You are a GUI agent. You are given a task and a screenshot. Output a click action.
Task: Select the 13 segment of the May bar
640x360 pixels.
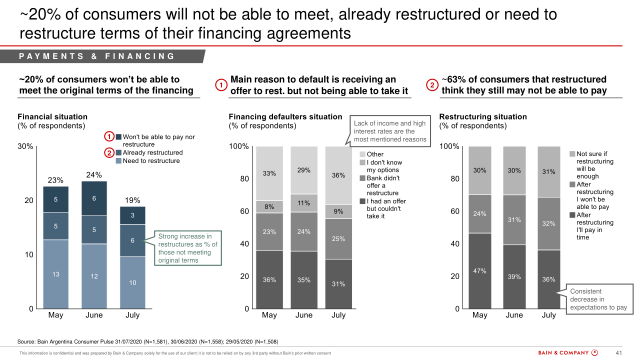(55, 274)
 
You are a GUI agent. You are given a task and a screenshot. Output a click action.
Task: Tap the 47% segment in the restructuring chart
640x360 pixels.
(480, 270)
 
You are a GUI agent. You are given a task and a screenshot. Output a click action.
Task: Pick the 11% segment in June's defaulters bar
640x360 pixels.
(304, 203)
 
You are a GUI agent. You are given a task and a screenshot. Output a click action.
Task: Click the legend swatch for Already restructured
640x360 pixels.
(118, 152)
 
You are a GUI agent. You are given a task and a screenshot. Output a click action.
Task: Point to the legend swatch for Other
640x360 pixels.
(362, 154)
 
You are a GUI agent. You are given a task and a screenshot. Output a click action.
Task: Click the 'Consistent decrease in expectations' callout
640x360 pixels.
(598, 299)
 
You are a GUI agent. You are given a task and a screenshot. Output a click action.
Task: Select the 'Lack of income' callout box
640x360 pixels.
(390, 131)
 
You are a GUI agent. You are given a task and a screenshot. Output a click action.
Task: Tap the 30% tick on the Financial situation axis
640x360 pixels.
(25, 146)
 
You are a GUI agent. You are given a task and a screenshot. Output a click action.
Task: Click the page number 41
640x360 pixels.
(618, 353)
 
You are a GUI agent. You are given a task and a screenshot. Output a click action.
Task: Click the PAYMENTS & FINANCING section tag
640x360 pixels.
(97, 56)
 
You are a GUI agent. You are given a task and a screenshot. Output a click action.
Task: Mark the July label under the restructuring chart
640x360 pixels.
(549, 315)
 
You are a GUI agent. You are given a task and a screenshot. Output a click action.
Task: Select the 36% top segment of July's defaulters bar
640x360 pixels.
(338, 175)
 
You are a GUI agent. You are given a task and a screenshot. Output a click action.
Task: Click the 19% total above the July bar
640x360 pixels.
(132, 200)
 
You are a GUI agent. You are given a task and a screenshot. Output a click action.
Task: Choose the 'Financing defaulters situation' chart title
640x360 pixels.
(285, 116)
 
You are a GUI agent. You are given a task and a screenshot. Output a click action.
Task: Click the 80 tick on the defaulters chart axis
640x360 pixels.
(243, 178)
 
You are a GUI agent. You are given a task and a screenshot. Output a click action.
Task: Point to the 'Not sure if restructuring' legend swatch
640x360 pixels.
(572, 154)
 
